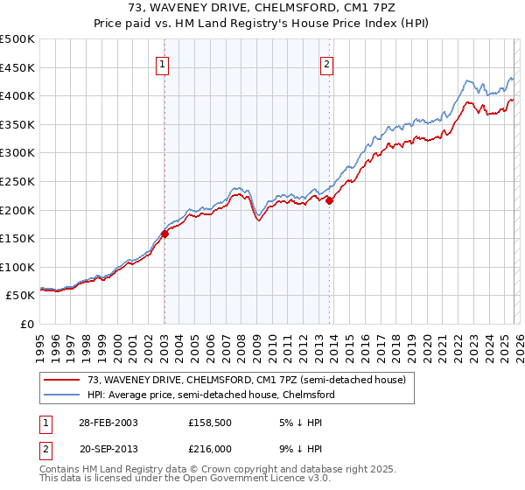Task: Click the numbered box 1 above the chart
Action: click(x=164, y=63)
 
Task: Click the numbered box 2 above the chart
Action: click(x=326, y=63)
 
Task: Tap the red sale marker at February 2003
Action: click(x=164, y=234)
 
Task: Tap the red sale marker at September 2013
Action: click(x=329, y=200)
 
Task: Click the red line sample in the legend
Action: click(x=62, y=381)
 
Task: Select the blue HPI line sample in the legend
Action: click(x=62, y=395)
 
